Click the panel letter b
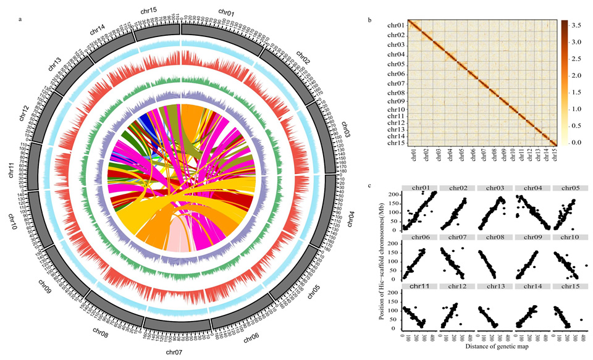click(x=370, y=20)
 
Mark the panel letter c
click(x=369, y=186)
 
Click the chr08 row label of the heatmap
click(x=396, y=93)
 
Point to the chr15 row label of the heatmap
click(x=396, y=143)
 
